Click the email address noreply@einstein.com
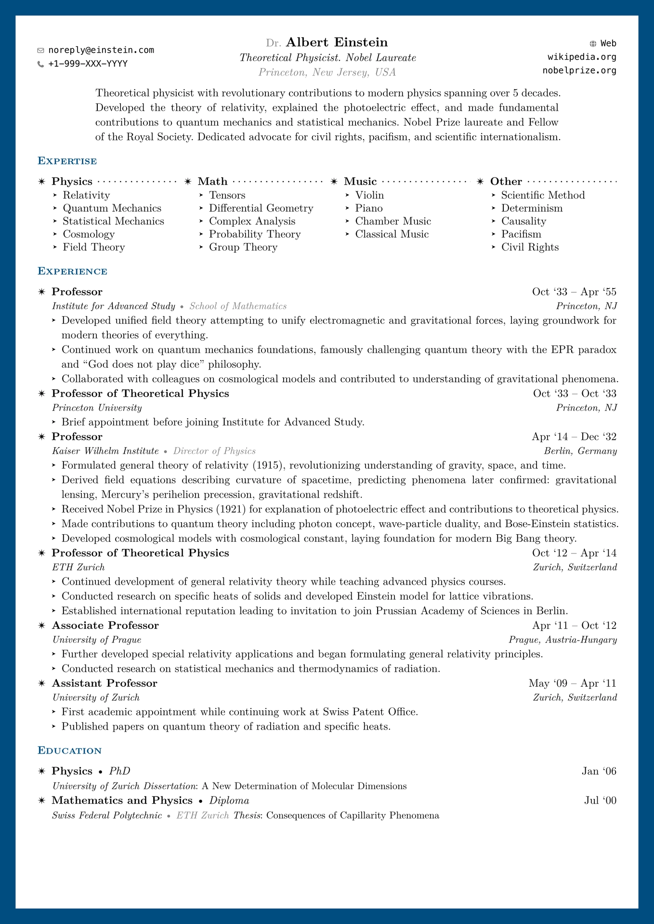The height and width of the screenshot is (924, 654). pyautogui.click(x=101, y=50)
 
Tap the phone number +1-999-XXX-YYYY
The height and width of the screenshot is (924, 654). pyautogui.click(x=88, y=64)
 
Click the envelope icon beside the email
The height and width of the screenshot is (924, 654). pyautogui.click(x=40, y=50)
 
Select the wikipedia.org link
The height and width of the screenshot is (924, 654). pyautogui.click(x=582, y=57)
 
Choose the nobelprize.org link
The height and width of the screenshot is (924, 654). pyautogui.click(x=579, y=70)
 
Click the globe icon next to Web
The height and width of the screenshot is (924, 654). pyautogui.click(x=593, y=44)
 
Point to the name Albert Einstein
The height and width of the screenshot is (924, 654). pyautogui.click(x=337, y=42)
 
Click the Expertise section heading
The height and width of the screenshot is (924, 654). pyautogui.click(x=67, y=161)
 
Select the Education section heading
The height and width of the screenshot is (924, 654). pyautogui.click(x=70, y=751)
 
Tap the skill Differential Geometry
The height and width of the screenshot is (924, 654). pyautogui.click(x=261, y=208)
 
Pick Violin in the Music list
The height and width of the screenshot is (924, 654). pyautogui.click(x=369, y=195)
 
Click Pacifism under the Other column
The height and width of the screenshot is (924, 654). pyautogui.click(x=521, y=234)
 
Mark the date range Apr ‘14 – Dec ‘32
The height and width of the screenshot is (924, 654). pyautogui.click(x=574, y=437)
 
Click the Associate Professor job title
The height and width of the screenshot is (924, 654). pyautogui.click(x=105, y=626)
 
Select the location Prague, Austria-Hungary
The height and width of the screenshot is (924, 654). pyautogui.click(x=562, y=640)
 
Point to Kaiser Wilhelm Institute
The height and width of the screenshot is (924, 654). pyautogui.click(x=105, y=451)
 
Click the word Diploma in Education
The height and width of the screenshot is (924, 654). pyautogui.click(x=229, y=800)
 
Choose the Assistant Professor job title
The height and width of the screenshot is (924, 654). pyautogui.click(x=105, y=683)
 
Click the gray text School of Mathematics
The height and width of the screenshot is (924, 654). pyautogui.click(x=238, y=307)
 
